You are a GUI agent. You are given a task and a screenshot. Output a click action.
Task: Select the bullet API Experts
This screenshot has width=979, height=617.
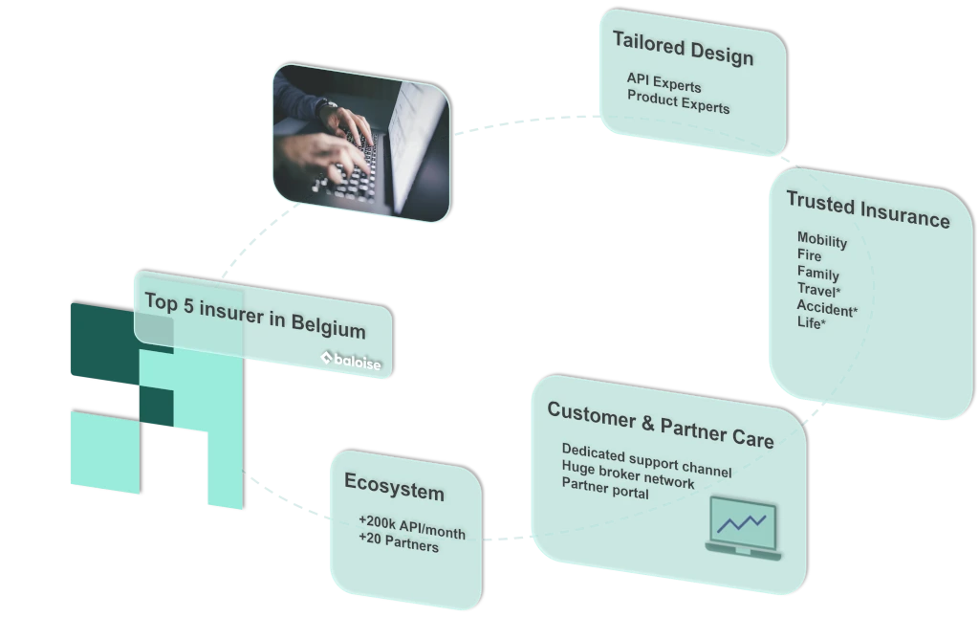click(x=664, y=83)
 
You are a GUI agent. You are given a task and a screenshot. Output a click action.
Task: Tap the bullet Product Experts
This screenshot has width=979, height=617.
click(x=678, y=102)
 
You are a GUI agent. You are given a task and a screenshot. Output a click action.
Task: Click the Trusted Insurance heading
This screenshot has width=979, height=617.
click(x=867, y=209)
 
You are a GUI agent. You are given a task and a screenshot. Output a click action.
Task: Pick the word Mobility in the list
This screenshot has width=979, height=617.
click(x=821, y=240)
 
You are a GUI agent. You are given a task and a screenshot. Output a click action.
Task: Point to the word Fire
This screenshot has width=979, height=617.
click(x=810, y=255)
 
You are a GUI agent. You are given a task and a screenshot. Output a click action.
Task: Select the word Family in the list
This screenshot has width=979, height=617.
click(x=817, y=273)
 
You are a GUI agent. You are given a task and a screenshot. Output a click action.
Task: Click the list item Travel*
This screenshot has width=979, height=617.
click(x=818, y=290)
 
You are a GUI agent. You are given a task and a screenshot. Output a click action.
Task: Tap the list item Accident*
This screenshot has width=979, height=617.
click(x=827, y=307)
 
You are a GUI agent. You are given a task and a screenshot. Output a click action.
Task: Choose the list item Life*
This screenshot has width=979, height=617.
click(x=811, y=323)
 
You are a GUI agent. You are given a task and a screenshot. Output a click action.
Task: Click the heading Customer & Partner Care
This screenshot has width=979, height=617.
click(x=660, y=425)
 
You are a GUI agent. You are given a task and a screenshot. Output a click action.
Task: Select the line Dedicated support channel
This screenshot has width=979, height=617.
click(x=646, y=460)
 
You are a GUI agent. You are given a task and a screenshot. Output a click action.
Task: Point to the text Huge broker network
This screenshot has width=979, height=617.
click(x=627, y=475)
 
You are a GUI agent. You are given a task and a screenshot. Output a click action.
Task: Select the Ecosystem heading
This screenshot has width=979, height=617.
click(x=394, y=487)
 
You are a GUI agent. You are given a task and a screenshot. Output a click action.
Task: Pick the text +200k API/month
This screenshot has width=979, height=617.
click(x=411, y=526)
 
